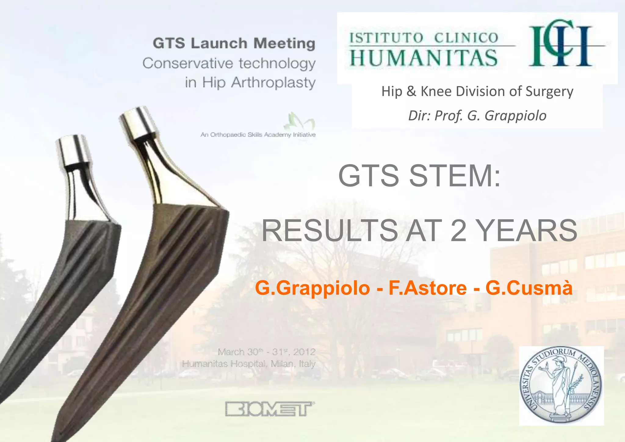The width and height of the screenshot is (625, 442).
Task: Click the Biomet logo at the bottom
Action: pos(270,409)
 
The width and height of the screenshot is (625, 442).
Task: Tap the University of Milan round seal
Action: pos(561,386)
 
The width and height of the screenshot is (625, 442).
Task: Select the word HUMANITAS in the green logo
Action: pos(423,58)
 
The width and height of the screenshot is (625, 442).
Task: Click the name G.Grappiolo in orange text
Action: pos(312,288)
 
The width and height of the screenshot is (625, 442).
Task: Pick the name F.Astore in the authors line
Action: pos(427,288)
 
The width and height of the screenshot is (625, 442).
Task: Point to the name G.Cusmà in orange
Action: pos(529,288)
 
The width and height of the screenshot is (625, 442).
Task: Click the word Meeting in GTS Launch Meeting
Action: pos(284,43)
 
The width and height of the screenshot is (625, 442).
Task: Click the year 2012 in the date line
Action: pos(304,352)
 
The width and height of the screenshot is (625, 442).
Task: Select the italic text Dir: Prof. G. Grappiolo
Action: pos(477,116)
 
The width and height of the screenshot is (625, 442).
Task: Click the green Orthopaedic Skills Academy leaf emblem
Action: pos(299,121)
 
